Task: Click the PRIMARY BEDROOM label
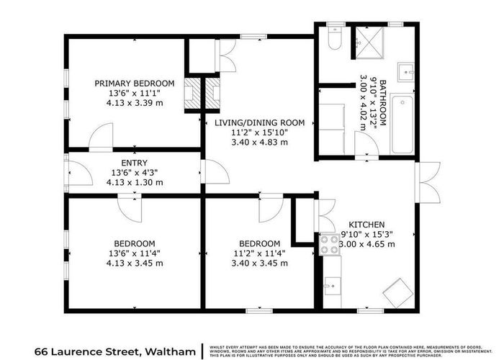pos(135,84)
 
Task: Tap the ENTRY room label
pos(135,163)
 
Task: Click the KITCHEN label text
pos(367,224)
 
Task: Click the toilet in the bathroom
pos(333,42)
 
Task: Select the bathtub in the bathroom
pos(402,124)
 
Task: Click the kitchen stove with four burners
pos(330,246)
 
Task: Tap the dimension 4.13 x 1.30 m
pos(135,183)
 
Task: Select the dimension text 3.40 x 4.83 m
pos(260,143)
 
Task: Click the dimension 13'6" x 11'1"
pos(135,94)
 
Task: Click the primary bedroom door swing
pos(101,135)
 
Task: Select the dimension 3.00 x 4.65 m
pos(367,244)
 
